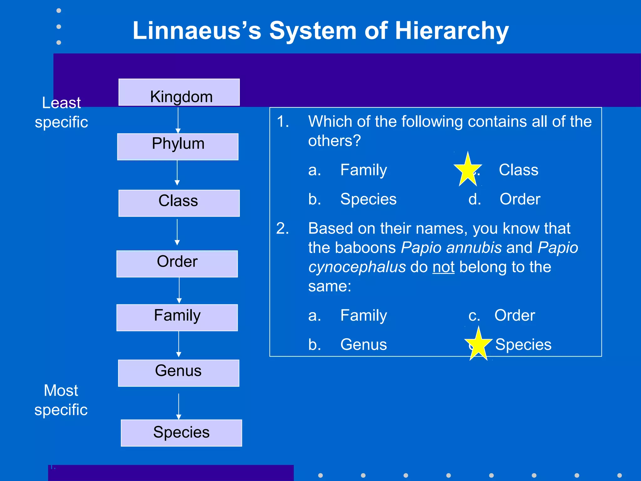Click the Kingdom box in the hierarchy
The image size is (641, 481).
pyautogui.click(x=179, y=92)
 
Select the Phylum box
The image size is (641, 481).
pyautogui.click(x=178, y=147)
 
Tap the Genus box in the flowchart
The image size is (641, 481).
pyautogui.click(x=178, y=373)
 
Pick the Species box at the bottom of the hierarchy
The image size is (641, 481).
pyautogui.click(x=181, y=433)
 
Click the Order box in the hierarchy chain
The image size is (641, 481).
pyautogui.click(x=177, y=264)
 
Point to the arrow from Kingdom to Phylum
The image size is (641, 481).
pyautogui.click(x=178, y=120)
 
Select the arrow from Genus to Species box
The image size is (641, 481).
pyautogui.click(x=179, y=406)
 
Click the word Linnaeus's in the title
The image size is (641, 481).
pyautogui.click(x=197, y=31)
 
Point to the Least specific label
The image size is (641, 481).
pyautogui.click(x=61, y=112)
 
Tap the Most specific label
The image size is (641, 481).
pyautogui.click(x=61, y=400)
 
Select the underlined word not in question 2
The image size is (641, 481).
pyautogui.click(x=443, y=267)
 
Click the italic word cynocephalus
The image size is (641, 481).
pyautogui.click(x=357, y=267)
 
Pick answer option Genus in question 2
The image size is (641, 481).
pyautogui.click(x=363, y=344)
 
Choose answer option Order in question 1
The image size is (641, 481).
pyautogui.click(x=520, y=199)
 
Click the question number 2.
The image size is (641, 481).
pyautogui.click(x=282, y=228)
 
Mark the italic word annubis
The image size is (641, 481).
pyautogui.click(x=474, y=248)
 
